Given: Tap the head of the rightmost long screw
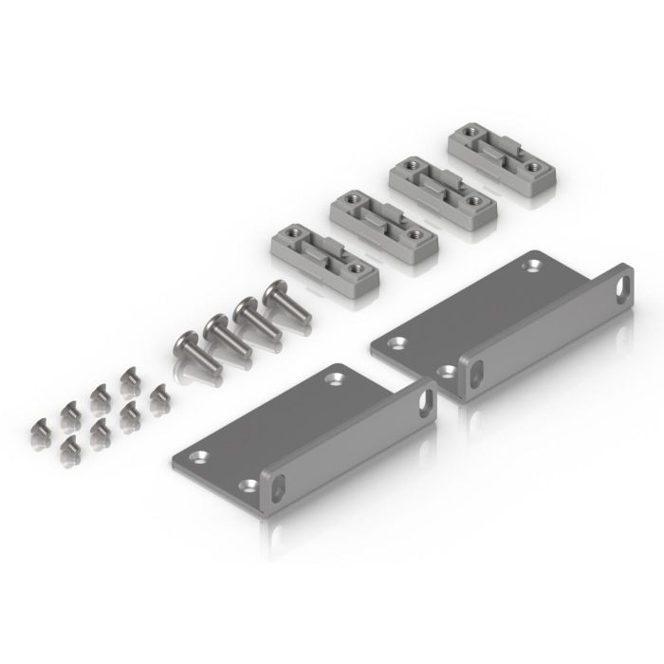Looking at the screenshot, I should tap(275, 291).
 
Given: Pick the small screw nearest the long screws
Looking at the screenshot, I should tap(158, 394).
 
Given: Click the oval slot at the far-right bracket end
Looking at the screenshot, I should tap(623, 284).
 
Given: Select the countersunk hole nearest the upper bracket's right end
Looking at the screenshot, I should tap(530, 267).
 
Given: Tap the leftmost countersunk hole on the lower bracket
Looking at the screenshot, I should tap(198, 457).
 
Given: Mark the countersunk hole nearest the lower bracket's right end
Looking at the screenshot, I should tap(333, 379).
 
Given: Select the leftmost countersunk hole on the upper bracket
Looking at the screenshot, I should tap(398, 341).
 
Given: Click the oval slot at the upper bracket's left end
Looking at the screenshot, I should tap(474, 373).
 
